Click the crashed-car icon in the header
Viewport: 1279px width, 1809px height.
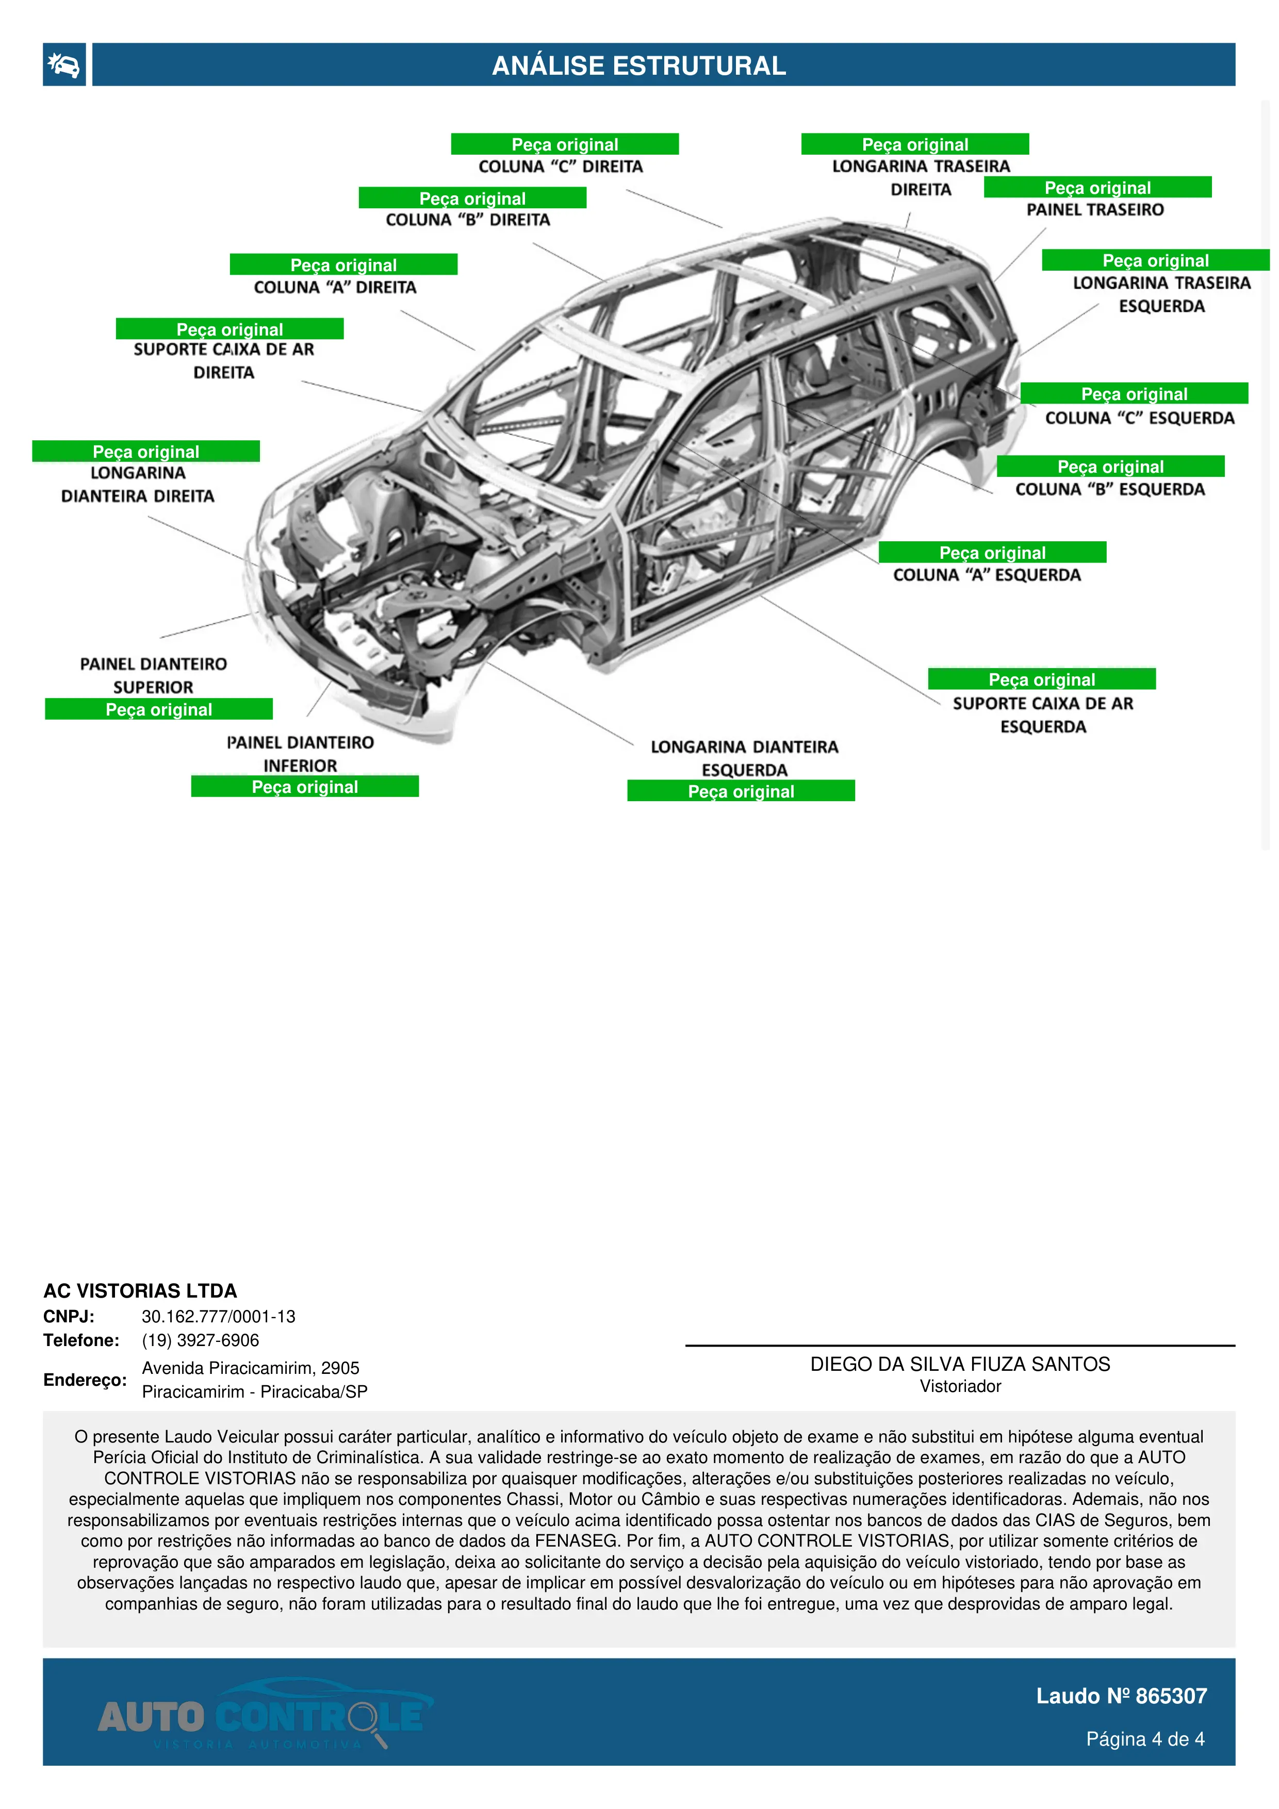coord(64,64)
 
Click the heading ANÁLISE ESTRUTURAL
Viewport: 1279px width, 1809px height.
coord(638,65)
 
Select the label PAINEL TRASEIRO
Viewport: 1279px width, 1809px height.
coord(1094,210)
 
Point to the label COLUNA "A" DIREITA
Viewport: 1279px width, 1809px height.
coord(335,288)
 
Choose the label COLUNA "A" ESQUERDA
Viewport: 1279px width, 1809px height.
coord(987,575)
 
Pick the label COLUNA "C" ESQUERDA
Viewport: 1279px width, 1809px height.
coord(1140,419)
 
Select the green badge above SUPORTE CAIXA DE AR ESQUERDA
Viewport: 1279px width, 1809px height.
coord(1041,679)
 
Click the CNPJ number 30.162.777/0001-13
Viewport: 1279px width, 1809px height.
coord(218,1317)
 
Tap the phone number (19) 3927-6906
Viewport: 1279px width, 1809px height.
coord(200,1340)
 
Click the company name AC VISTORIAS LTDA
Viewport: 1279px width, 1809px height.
coord(140,1290)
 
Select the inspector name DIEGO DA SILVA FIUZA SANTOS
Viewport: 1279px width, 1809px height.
coord(960,1364)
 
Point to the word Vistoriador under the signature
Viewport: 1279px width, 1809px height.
coord(960,1387)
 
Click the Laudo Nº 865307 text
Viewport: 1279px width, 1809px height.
coord(1121,1696)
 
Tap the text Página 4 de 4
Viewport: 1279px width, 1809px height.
coord(1144,1739)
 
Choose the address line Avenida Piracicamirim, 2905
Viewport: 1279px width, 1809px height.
coord(251,1368)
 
